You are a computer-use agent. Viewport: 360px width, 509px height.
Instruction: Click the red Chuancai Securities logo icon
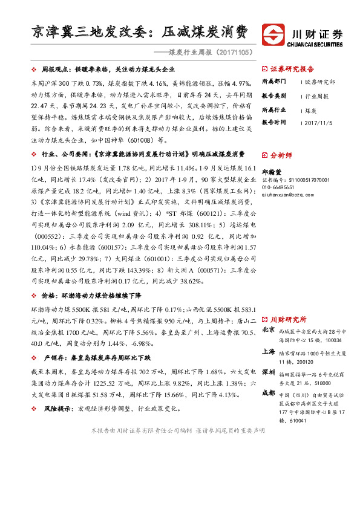(273, 34)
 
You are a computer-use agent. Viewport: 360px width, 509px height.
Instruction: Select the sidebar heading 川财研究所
(288, 319)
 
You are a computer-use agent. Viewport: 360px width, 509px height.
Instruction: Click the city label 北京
(269, 331)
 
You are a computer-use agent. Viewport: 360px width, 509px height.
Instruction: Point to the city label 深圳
(269, 372)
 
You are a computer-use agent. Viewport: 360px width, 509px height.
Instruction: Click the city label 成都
(269, 393)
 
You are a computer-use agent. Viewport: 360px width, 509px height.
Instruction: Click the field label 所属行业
(275, 109)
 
